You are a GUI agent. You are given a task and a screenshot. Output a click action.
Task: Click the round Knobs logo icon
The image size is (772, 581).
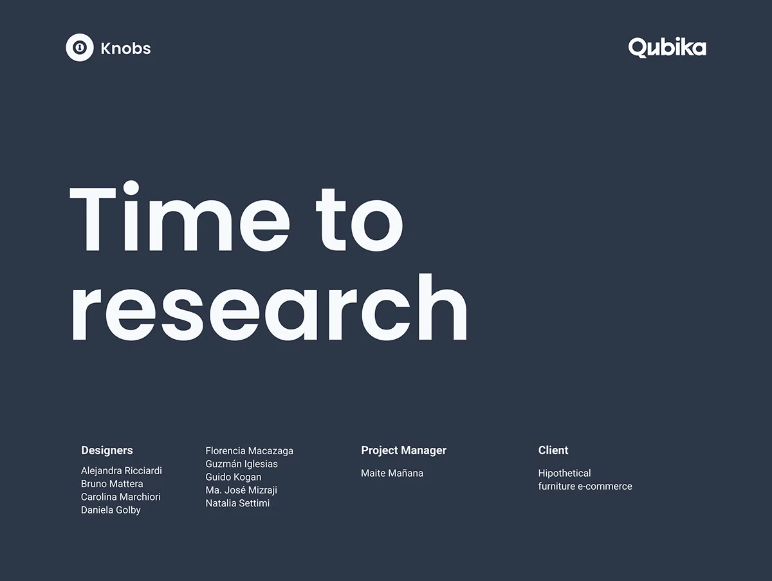point(80,48)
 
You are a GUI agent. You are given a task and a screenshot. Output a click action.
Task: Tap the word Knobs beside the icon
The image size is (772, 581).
point(126,48)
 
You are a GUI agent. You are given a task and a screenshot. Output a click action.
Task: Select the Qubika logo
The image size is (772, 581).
point(667,48)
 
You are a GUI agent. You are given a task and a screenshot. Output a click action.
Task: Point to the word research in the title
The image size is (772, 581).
point(268,307)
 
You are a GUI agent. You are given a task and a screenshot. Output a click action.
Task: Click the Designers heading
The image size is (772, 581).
point(107,450)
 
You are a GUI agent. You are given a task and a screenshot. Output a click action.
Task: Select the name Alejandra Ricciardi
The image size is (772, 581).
point(122,471)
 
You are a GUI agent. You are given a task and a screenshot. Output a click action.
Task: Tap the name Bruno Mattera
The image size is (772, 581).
point(112,484)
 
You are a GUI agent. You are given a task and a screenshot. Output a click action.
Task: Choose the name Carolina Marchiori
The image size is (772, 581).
point(121,497)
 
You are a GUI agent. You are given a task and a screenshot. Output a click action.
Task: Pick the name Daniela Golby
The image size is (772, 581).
point(111,510)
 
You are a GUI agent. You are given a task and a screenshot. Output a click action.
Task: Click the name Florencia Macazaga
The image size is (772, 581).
point(249,451)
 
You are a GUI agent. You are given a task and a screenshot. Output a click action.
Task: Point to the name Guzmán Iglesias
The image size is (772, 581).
point(242,464)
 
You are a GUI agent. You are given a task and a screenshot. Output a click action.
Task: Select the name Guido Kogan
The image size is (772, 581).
point(234,477)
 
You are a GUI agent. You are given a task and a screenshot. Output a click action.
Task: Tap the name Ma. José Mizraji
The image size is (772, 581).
point(241,490)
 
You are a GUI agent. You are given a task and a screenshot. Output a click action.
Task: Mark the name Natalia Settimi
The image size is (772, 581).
point(237,503)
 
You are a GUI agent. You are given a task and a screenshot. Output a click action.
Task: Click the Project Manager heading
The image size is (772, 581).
point(403,450)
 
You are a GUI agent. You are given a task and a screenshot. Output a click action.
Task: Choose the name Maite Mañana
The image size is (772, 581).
point(392,474)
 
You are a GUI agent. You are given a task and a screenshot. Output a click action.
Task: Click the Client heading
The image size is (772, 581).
point(553,450)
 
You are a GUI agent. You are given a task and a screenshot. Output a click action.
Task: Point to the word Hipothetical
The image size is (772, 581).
point(564,474)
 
